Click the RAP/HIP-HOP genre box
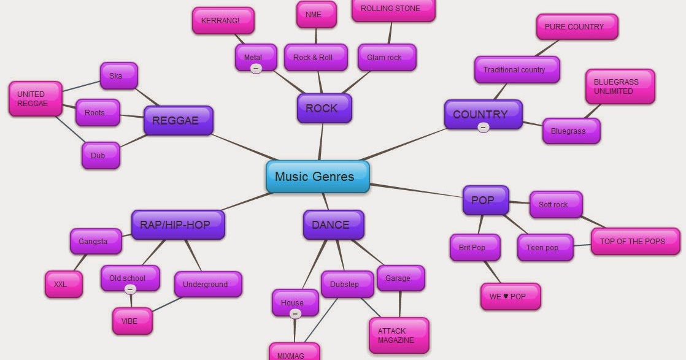[x=177, y=224]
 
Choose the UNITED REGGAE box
[x=35, y=99]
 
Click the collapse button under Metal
[x=256, y=68]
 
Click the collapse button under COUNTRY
[x=484, y=128]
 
